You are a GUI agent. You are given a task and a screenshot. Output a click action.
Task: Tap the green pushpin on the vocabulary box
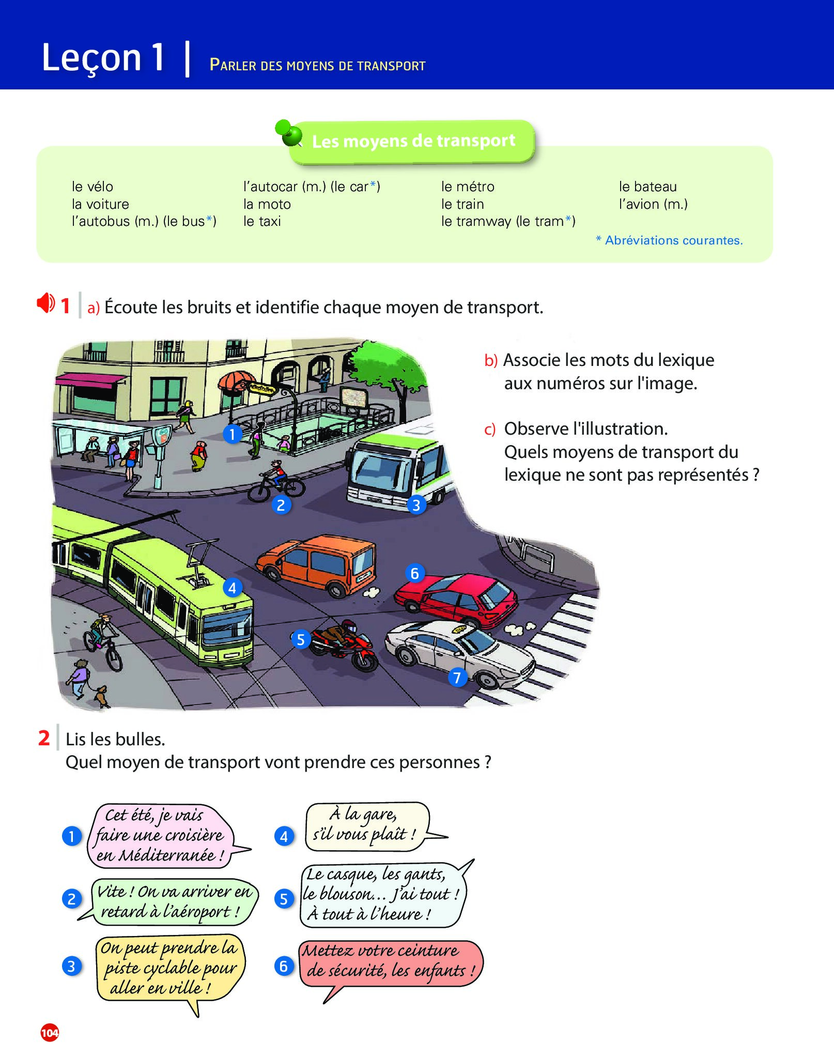289,133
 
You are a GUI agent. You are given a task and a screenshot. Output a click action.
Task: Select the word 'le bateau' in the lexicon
647,187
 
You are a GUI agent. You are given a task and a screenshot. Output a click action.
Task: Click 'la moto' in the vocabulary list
267,204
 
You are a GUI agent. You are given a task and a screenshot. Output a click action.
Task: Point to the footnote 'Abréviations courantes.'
673,240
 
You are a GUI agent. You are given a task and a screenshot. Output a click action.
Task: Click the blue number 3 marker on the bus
416,505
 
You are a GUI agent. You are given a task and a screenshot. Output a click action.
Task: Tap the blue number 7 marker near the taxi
457,677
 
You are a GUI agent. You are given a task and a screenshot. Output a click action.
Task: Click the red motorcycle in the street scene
346,644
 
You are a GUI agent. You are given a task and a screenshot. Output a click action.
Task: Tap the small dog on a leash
102,696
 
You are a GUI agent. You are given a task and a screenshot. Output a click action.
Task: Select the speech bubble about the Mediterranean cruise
161,835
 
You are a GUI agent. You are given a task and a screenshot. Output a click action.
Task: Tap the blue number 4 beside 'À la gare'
284,836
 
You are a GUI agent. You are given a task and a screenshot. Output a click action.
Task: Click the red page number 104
50,1033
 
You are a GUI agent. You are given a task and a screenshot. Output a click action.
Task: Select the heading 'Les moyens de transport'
413,141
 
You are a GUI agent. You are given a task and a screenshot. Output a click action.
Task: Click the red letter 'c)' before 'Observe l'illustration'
489,430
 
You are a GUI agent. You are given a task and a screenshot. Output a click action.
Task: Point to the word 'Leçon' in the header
91,57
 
